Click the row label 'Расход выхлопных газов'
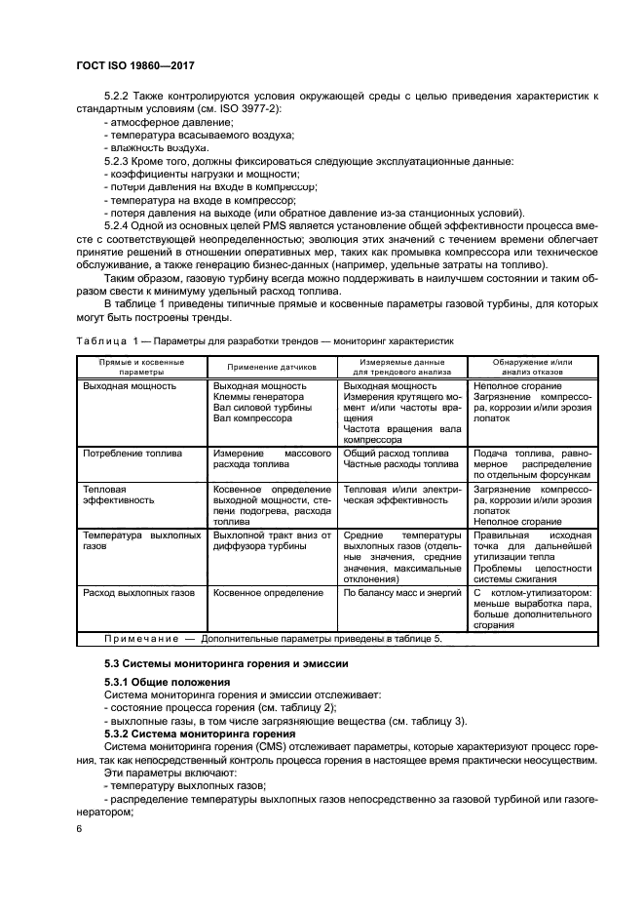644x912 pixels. coord(138,592)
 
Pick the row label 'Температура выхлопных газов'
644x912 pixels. coord(142,541)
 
